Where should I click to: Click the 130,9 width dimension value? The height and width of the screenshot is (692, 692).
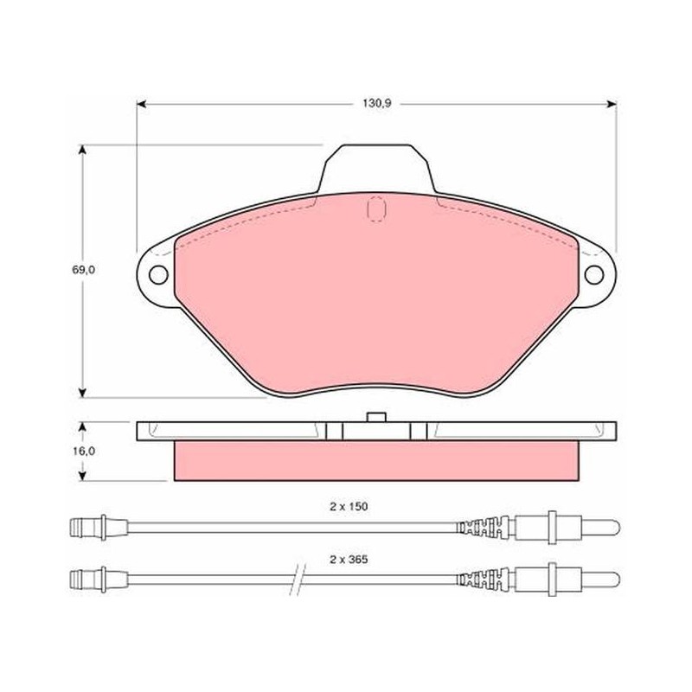click(x=377, y=104)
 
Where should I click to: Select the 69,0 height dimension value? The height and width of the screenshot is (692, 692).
click(x=83, y=270)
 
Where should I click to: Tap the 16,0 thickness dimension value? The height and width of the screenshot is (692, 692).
click(x=84, y=452)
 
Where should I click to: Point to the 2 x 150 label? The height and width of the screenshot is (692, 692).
click(x=349, y=507)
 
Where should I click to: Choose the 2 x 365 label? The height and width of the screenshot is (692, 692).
click(x=349, y=560)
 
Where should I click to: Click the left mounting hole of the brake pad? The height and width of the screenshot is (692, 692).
click(x=158, y=275)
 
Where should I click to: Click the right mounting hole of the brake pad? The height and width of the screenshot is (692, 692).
click(x=594, y=274)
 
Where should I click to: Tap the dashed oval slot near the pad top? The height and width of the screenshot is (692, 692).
click(x=376, y=208)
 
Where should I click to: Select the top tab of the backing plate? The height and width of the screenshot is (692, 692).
click(x=376, y=169)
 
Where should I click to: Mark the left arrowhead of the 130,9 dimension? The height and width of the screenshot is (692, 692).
click(x=141, y=104)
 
